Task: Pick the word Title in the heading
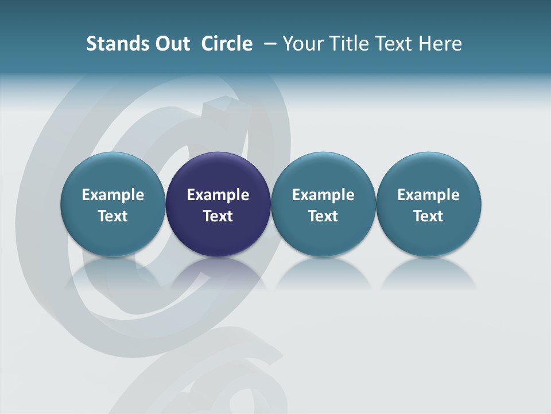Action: [x=348, y=44]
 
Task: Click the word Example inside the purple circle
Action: [x=218, y=195]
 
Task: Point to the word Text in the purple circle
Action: [x=218, y=216]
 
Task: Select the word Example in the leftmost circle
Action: [x=113, y=195]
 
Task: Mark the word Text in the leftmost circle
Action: [x=113, y=216]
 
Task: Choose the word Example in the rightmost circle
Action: [x=428, y=195]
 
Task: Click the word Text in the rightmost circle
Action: [x=428, y=216]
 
